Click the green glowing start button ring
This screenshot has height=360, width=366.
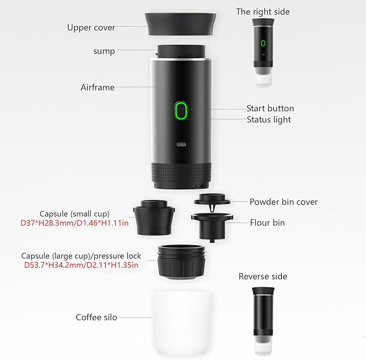[x=181, y=111]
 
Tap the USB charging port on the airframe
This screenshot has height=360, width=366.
[x=180, y=144]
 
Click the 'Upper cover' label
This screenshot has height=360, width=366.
[x=91, y=27]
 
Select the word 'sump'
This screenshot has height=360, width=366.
[x=104, y=51]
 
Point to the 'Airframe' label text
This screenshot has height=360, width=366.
[x=98, y=87]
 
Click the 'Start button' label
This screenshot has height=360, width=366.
[x=270, y=108]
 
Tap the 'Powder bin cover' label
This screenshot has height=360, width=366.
[x=284, y=202]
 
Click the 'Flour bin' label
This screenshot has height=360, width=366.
[x=267, y=222]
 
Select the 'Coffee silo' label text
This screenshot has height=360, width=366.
[x=96, y=317]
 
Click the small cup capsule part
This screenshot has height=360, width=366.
[x=153, y=215]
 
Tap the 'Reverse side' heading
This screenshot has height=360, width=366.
[x=263, y=276]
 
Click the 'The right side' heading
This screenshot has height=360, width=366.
[x=263, y=11]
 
